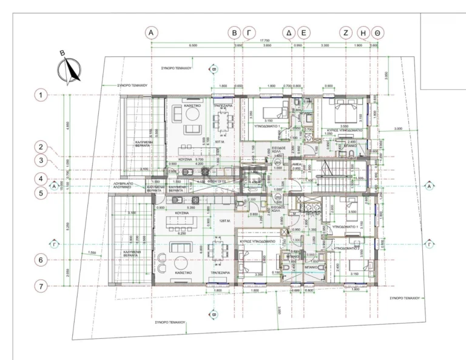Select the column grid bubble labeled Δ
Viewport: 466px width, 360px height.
click(x=289, y=32)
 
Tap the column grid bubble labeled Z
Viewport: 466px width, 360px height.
click(x=345, y=32)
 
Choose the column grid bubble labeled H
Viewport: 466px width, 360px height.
click(x=363, y=32)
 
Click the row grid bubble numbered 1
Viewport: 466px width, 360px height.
click(x=41, y=95)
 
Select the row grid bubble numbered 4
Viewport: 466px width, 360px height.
click(x=41, y=179)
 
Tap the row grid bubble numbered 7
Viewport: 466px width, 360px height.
click(x=41, y=285)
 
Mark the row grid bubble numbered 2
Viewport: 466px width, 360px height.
click(x=41, y=146)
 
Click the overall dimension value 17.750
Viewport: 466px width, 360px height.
click(x=265, y=41)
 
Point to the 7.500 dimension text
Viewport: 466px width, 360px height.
click(x=92, y=253)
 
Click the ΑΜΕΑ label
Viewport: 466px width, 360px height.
click(x=297, y=165)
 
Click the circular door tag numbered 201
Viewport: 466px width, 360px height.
click(x=278, y=163)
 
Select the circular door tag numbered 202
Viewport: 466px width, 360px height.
click(x=278, y=198)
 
